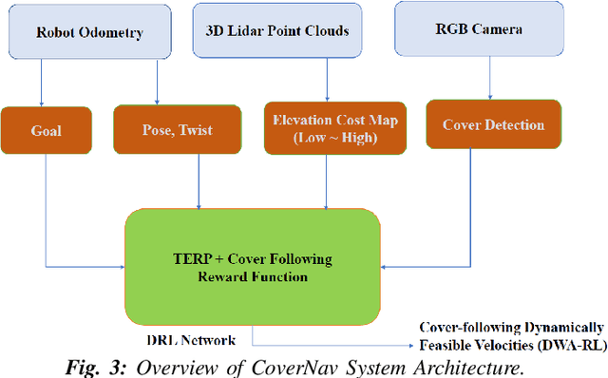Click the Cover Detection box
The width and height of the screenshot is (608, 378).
click(492, 125)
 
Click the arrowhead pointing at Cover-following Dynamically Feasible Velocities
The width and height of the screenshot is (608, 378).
click(415, 346)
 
